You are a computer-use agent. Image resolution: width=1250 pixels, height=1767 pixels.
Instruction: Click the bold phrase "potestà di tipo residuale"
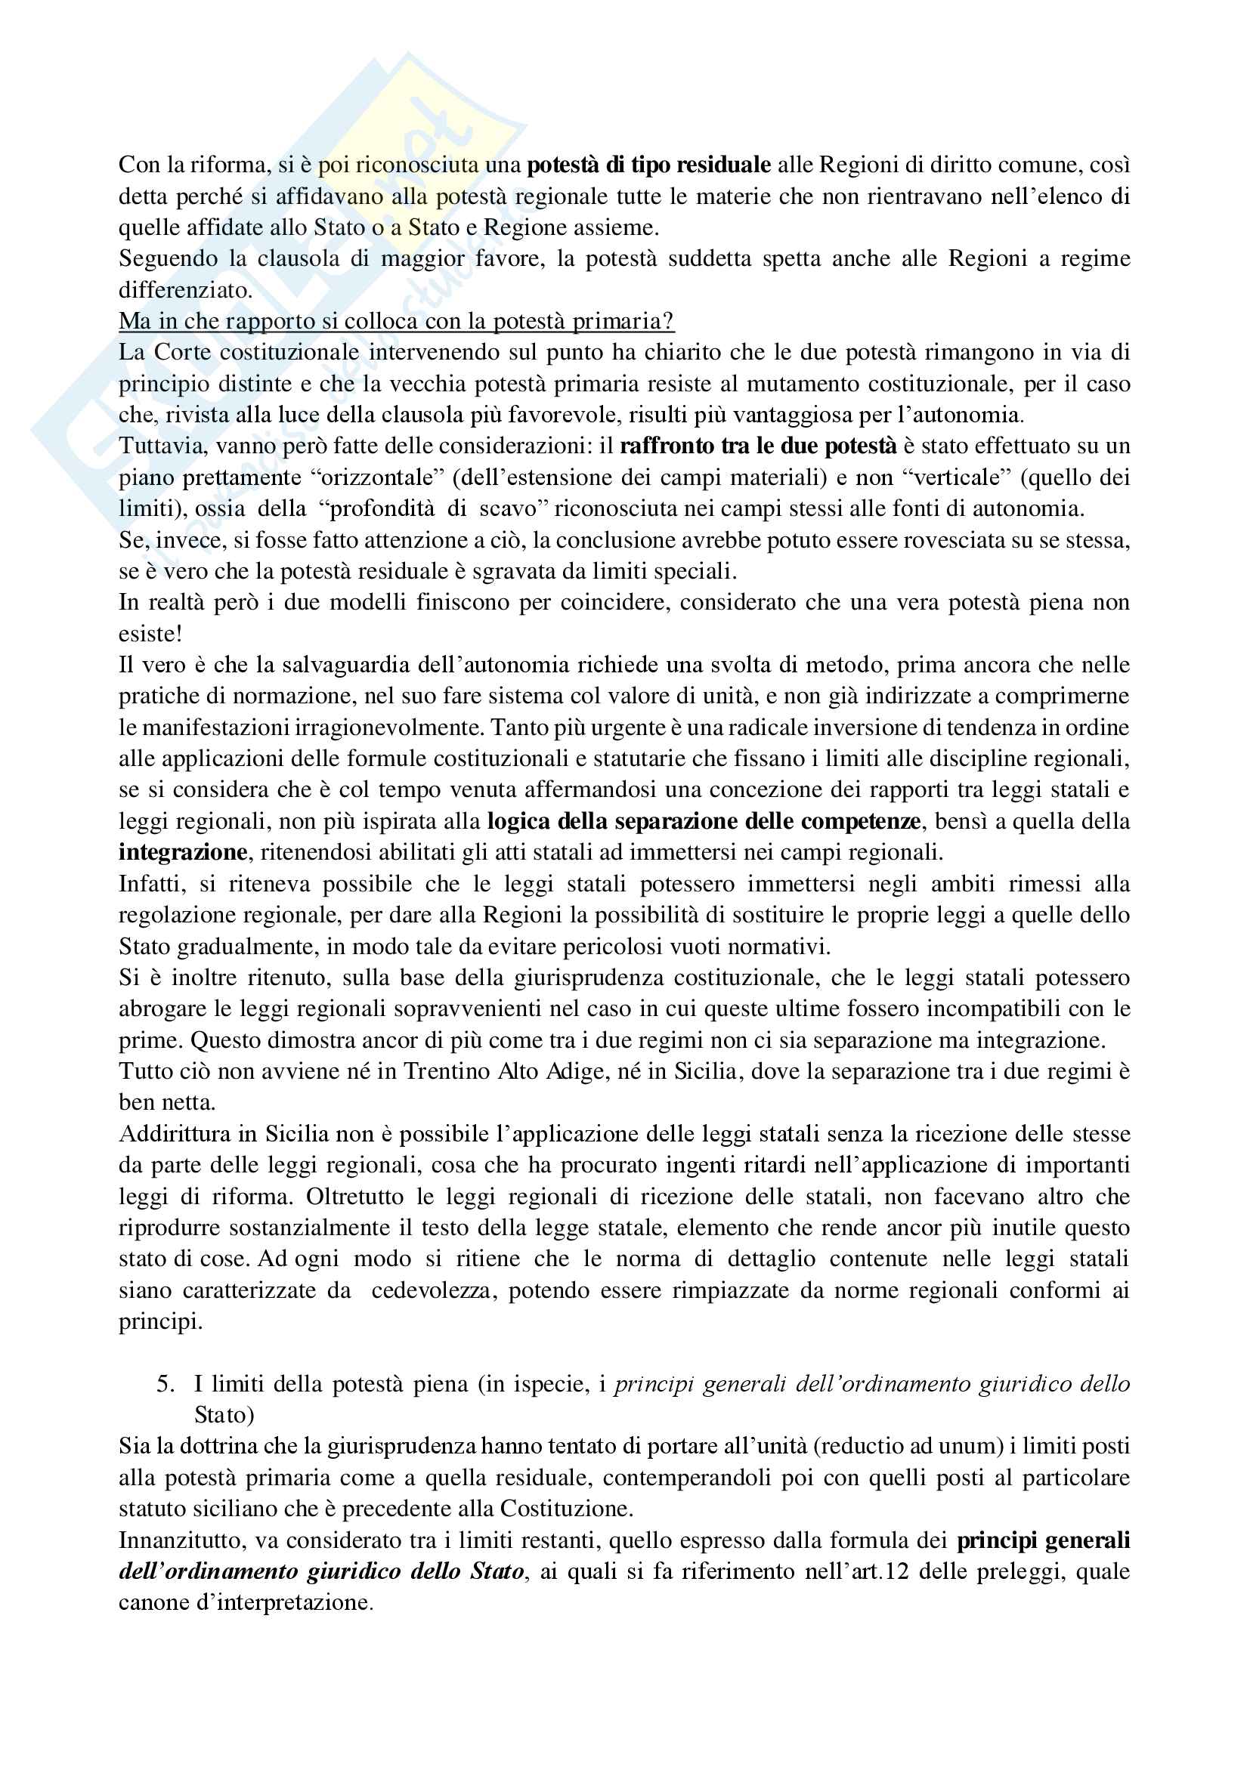point(649,165)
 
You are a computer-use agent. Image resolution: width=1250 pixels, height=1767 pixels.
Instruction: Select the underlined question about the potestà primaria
point(397,321)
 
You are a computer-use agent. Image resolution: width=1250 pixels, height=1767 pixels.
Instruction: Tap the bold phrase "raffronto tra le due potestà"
point(757,446)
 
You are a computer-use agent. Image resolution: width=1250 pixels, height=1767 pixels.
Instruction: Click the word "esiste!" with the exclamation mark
point(150,634)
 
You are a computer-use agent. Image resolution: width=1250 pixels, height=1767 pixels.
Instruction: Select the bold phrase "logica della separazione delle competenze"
point(704,821)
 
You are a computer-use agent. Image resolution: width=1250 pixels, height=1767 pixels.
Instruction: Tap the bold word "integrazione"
point(182,853)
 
